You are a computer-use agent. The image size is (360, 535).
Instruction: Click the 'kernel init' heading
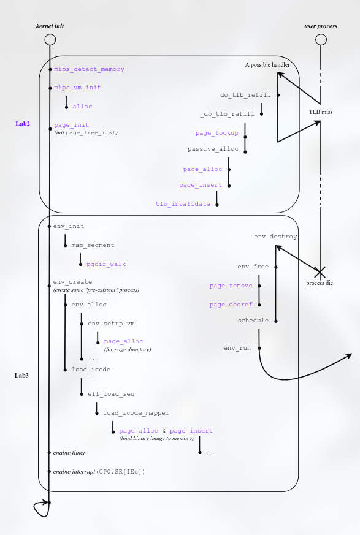point(50,27)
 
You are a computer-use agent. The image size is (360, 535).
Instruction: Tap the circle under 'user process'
point(320,40)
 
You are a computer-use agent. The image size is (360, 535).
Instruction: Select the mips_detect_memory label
point(89,69)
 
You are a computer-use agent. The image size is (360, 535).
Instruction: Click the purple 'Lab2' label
point(23,123)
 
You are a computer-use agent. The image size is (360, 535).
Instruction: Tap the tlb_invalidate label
point(182,203)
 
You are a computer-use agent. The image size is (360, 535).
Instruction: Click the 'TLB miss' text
point(320,113)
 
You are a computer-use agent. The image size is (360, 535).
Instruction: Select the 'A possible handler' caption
point(267,64)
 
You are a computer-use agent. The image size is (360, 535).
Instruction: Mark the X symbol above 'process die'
point(320,270)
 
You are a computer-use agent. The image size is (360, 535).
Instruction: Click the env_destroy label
point(275,236)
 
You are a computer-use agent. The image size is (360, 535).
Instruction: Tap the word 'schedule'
point(253,321)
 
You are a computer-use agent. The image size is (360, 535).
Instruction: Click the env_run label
point(237,348)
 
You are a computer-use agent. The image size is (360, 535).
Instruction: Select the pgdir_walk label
point(106,264)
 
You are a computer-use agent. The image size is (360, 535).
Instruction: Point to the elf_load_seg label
point(111,393)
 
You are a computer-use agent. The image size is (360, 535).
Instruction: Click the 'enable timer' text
point(69,452)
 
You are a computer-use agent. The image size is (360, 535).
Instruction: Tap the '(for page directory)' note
point(127,349)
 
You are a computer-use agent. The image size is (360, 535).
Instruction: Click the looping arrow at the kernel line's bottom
point(41,508)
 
